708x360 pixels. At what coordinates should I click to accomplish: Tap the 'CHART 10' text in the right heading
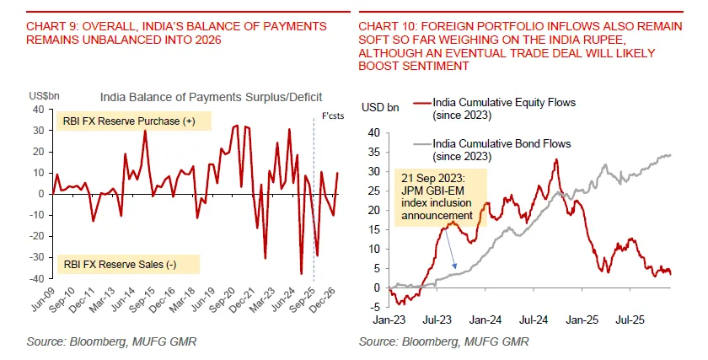click(387, 27)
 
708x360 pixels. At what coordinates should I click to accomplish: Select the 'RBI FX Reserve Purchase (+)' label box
click(129, 121)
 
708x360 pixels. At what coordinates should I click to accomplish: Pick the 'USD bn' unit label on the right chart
click(379, 108)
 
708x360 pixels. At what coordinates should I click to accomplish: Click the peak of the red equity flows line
click(556, 159)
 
